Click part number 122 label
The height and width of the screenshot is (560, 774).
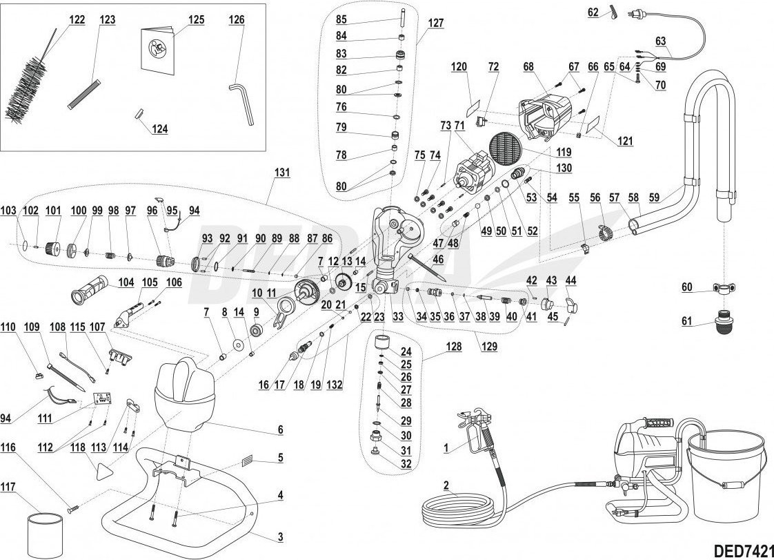pos(77,19)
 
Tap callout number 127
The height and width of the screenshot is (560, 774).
pos(436,21)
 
